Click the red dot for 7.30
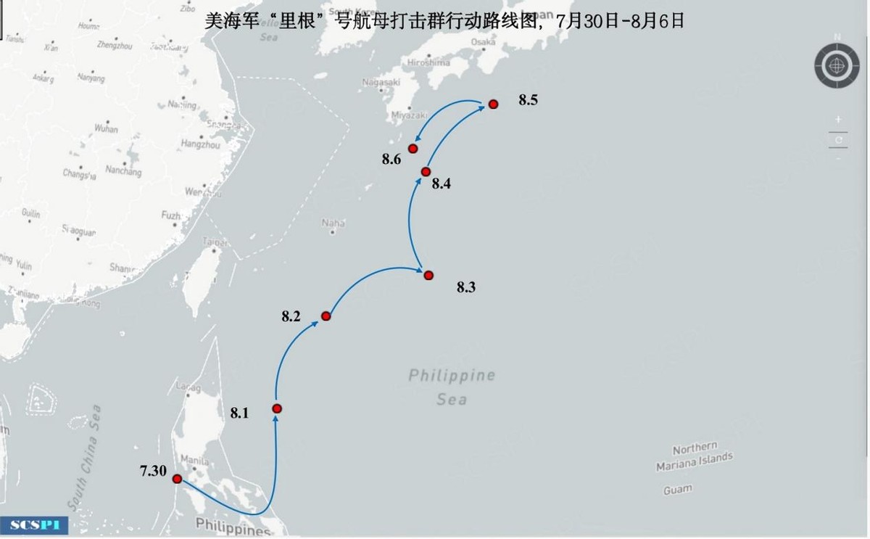177,479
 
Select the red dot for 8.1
276,408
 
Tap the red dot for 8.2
326,316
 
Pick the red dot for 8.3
428,275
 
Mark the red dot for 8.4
426,171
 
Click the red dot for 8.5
493,104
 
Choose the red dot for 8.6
413,149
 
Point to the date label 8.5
528,101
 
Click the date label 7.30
153,472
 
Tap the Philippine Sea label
452,387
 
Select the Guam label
677,490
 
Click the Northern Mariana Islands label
694,457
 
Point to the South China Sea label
85,458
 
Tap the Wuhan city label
106,128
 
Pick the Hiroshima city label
428,62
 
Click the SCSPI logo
34,524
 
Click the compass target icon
837,67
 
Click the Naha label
333,223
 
